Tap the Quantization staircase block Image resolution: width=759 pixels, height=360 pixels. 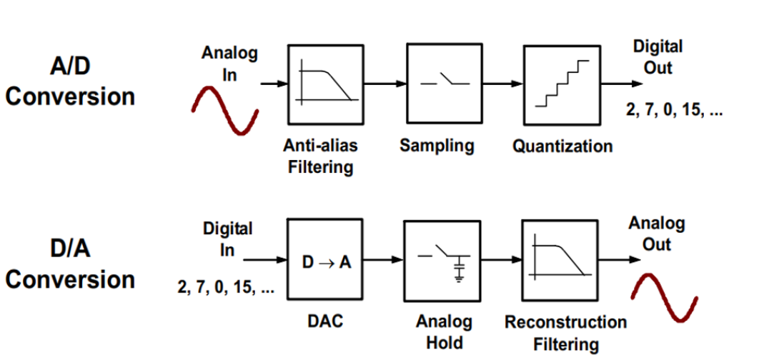pos(562,85)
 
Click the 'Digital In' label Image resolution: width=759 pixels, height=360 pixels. pos(227,239)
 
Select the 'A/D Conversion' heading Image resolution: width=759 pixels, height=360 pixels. pos(70,82)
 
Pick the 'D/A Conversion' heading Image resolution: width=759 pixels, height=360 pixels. pos(70,264)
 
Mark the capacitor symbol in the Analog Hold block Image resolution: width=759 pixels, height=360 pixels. pos(459,270)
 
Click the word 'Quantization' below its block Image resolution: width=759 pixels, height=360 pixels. pos(562,146)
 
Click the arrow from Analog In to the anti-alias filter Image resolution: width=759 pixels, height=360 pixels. pos(273,84)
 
